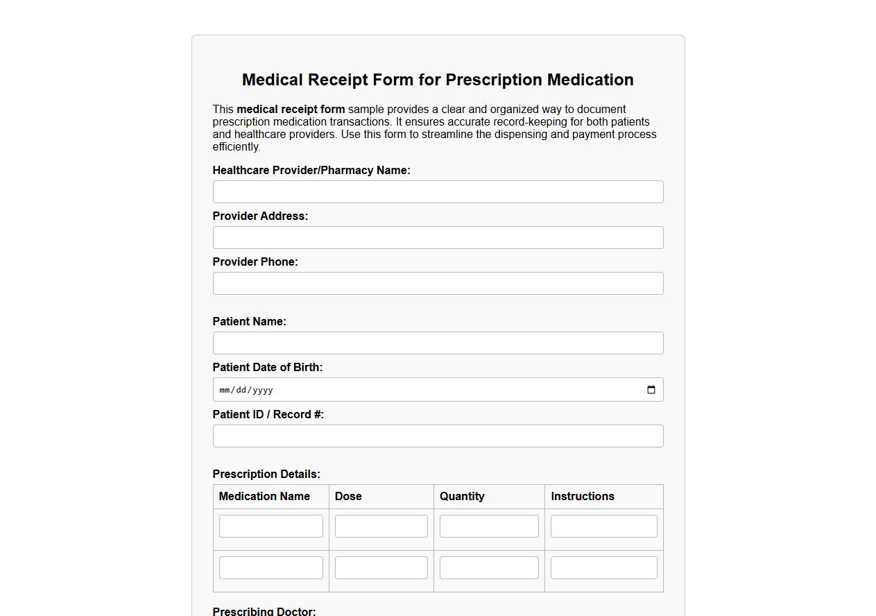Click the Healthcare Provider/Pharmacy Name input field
pyautogui.click(x=438, y=192)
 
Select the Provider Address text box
pyautogui.click(x=438, y=238)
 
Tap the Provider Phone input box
pyautogui.click(x=438, y=284)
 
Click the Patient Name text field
pyautogui.click(x=438, y=343)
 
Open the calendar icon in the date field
pyautogui.click(x=651, y=390)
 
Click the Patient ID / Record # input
pyautogui.click(x=438, y=436)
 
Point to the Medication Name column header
pyautogui.click(x=264, y=497)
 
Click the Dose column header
pyautogui.click(x=348, y=497)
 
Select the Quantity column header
pyautogui.click(x=462, y=497)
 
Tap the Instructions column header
pyautogui.click(x=583, y=497)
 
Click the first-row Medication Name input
pyautogui.click(x=271, y=526)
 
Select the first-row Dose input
pyautogui.click(x=381, y=526)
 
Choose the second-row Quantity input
pyautogui.click(x=489, y=567)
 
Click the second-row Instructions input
pyautogui.click(x=603, y=567)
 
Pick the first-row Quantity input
pyautogui.click(x=489, y=526)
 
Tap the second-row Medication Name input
pyautogui.click(x=271, y=567)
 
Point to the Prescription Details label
pyautogui.click(x=266, y=474)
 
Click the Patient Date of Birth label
pyautogui.click(x=267, y=368)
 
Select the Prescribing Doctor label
pyautogui.click(x=264, y=611)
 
